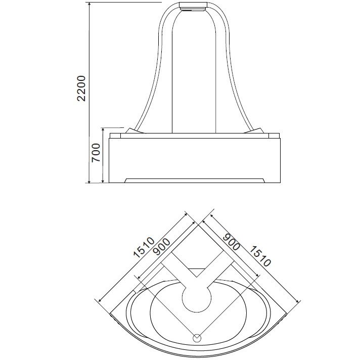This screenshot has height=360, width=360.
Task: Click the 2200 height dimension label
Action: (x=81, y=88)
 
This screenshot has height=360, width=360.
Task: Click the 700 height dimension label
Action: (x=96, y=153)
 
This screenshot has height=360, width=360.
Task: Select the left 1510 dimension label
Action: (x=144, y=247)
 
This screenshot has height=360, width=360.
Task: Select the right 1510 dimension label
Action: (x=260, y=256)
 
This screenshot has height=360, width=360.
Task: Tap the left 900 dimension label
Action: (x=162, y=247)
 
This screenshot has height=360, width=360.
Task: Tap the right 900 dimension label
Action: (x=232, y=242)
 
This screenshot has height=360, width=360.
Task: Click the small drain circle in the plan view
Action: (x=197, y=338)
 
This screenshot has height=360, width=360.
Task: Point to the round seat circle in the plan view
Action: (x=197, y=298)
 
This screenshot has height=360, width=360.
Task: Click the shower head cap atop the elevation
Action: (x=193, y=6)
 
